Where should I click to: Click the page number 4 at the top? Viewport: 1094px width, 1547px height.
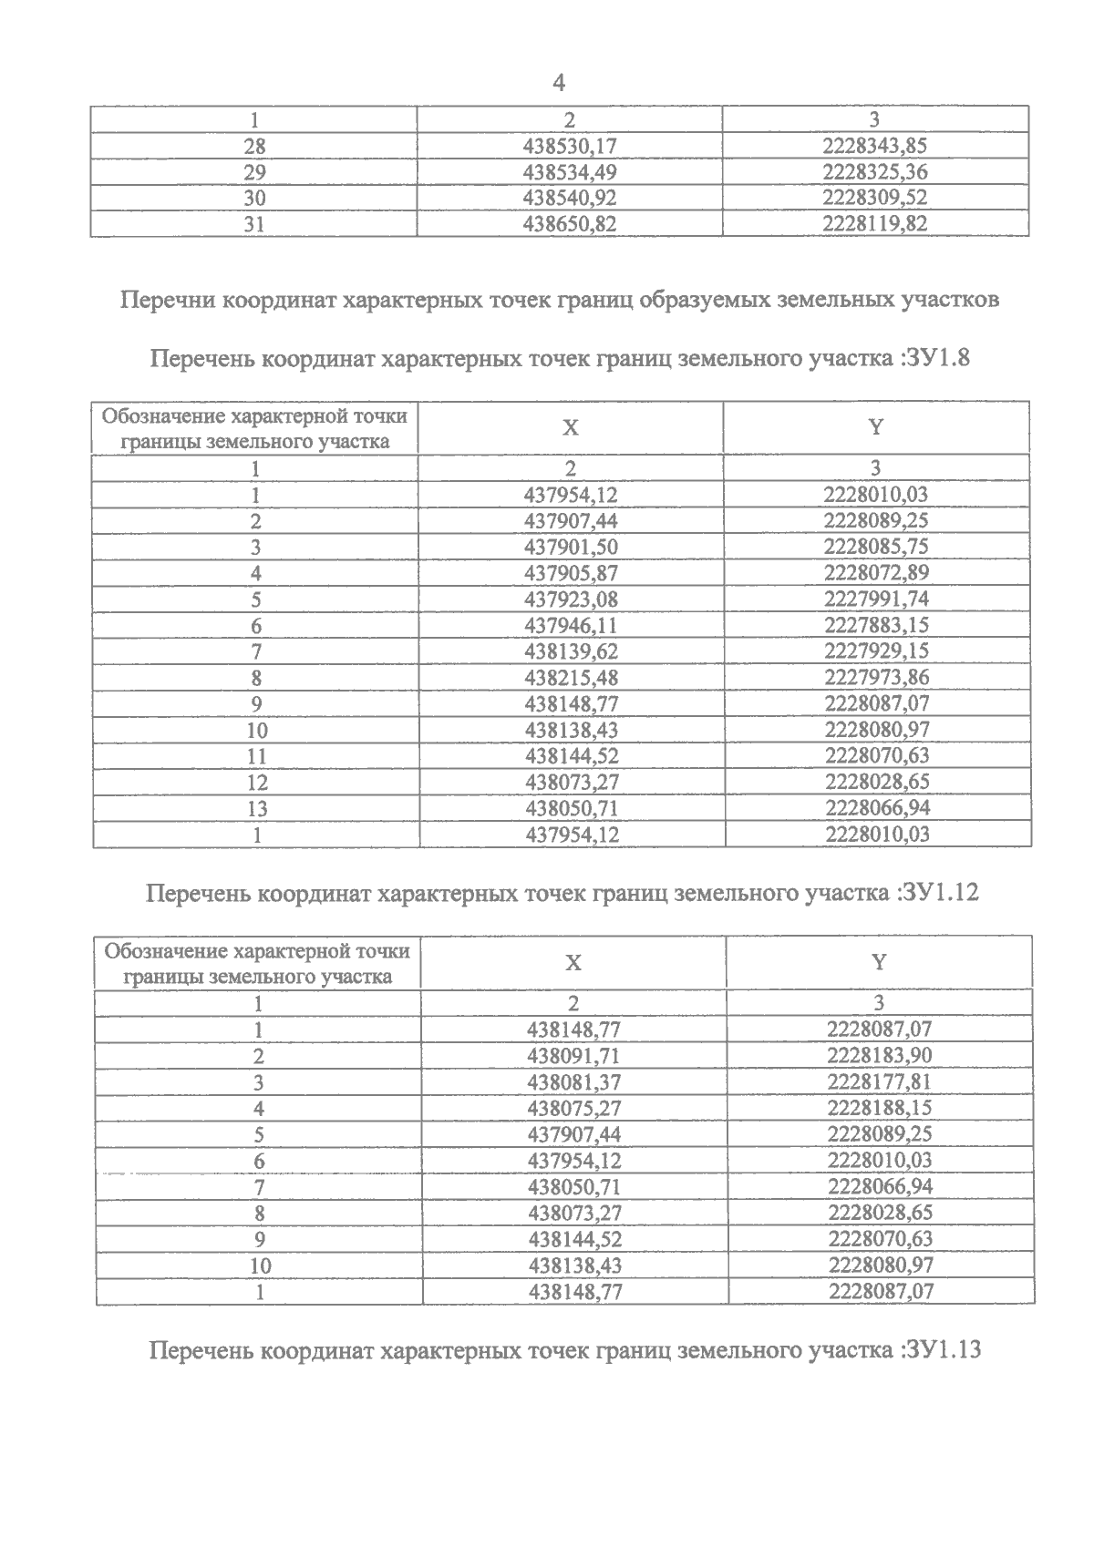(559, 84)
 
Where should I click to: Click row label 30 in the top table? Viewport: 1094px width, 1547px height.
(254, 198)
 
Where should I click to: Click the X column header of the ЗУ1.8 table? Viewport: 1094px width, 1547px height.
(571, 427)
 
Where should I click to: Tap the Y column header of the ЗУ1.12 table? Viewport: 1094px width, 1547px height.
(878, 963)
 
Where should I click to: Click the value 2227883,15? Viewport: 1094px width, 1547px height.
(876, 626)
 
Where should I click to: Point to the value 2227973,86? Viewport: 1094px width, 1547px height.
(876, 678)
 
